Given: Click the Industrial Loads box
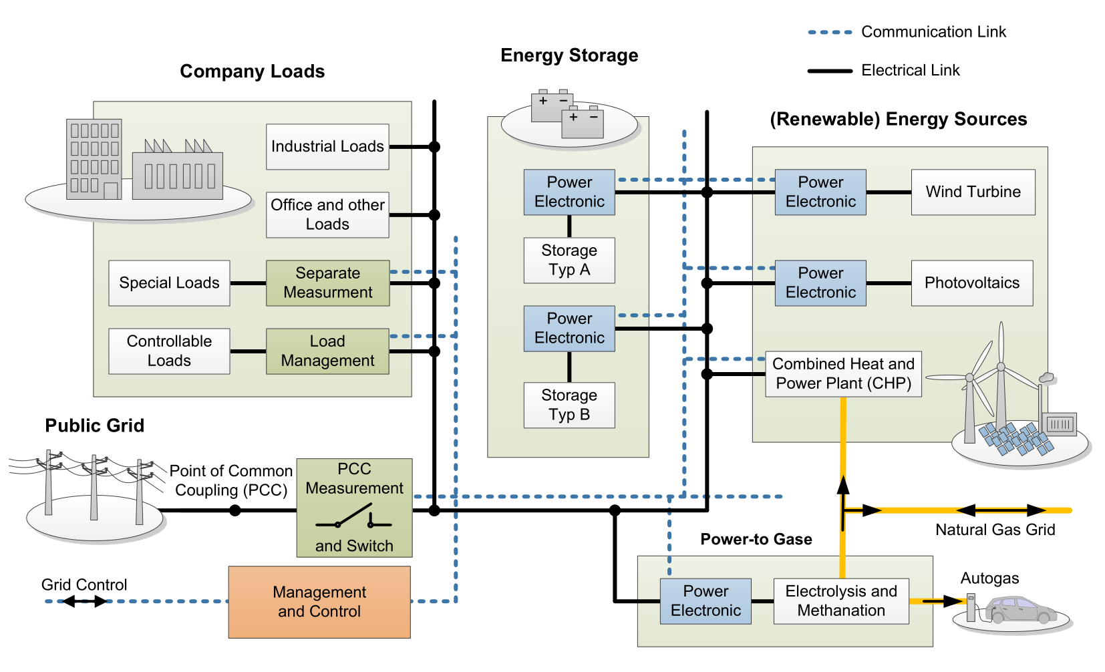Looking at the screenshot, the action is [327, 146].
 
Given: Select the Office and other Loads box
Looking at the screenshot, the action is [327, 214].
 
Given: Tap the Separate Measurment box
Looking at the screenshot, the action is [327, 283].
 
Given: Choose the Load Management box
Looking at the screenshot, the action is [327, 351].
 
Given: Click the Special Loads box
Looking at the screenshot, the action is [169, 283].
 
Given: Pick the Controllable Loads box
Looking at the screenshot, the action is [169, 351].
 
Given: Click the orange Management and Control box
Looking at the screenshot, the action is [319, 602].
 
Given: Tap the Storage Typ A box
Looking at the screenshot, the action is [569, 260].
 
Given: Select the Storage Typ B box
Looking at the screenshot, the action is [569, 405].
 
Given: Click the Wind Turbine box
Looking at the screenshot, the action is [973, 192].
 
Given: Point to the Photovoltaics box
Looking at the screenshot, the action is [972, 283].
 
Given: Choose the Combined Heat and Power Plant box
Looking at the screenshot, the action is [844, 374].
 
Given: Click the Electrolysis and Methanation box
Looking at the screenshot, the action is [842, 601].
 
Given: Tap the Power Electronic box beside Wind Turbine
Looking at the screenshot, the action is [820, 192].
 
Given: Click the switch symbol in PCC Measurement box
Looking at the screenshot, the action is [353, 517].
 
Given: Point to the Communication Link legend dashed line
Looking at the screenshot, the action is [830, 32].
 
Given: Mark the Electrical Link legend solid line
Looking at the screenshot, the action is [830, 71].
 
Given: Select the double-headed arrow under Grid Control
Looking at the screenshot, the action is [84, 601].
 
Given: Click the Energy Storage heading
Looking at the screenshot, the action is [569, 55].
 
